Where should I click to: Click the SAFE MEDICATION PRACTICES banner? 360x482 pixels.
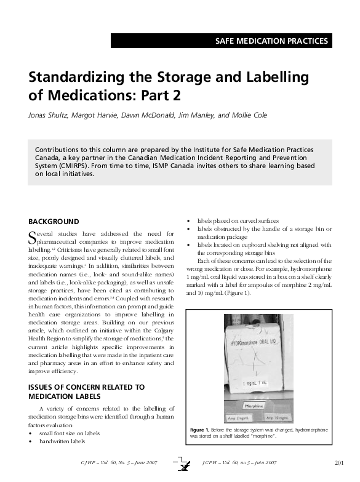pos(271,41)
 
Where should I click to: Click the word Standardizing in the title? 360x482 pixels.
pos(71,78)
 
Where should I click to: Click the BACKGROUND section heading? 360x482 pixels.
pos(54,222)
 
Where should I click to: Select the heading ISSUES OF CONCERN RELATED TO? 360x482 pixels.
pos(87,387)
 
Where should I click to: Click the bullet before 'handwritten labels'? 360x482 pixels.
pos(31,441)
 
